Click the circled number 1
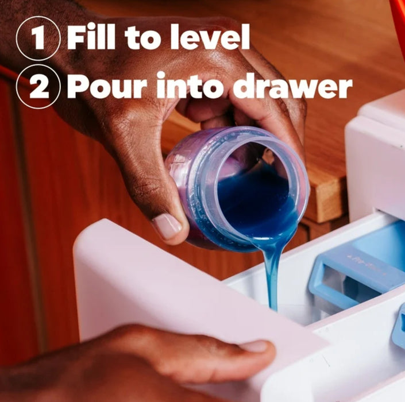pos(38,38)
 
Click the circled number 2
pos(38,86)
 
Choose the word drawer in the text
pos(292,85)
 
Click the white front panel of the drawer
pos(181,297)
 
